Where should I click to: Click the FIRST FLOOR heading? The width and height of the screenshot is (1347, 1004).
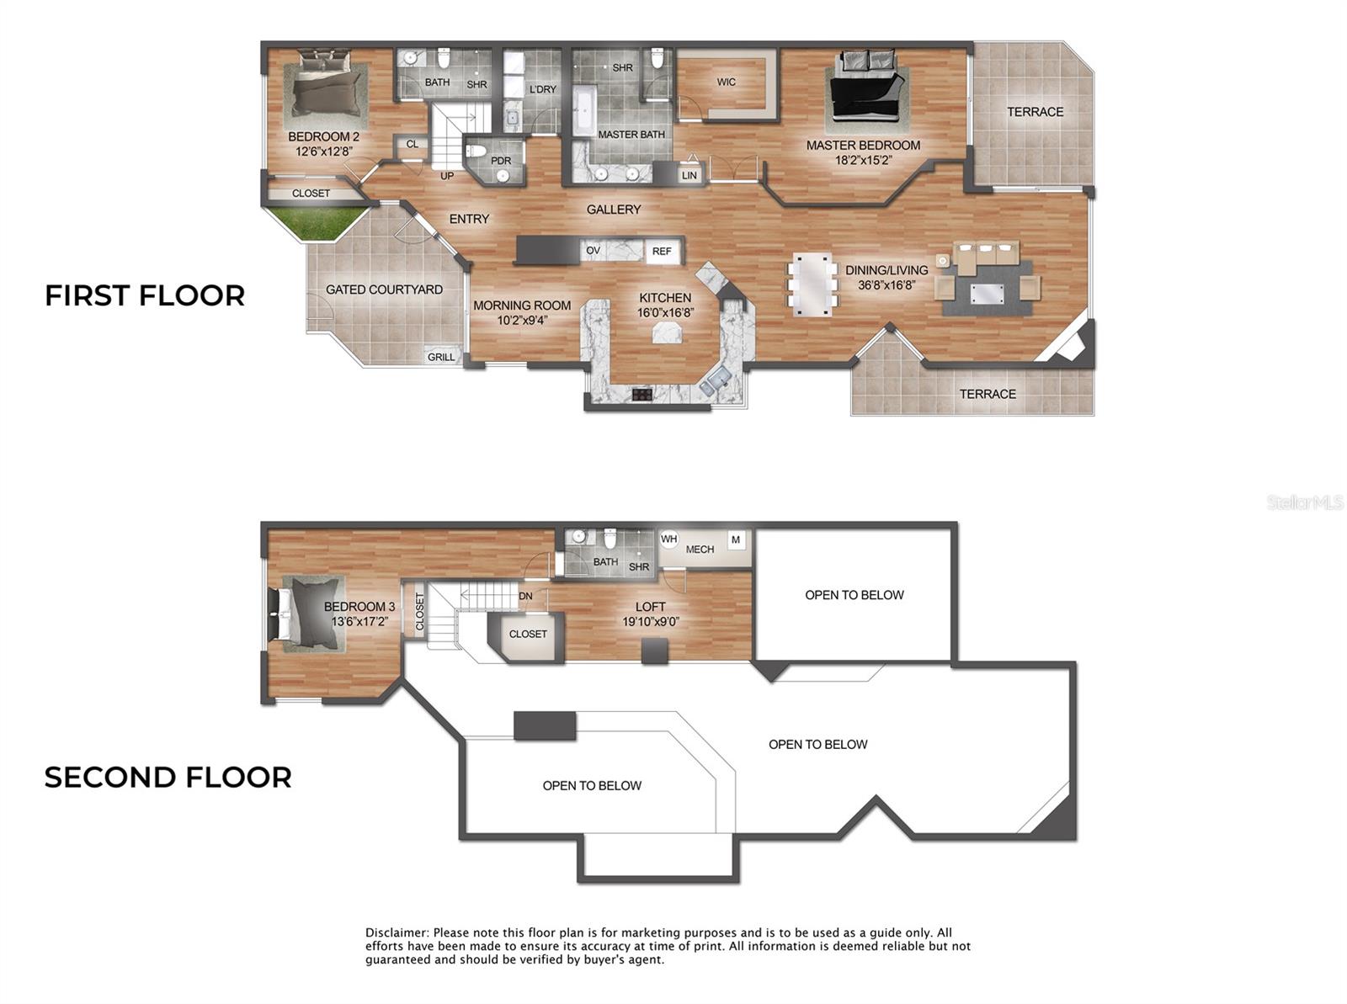145,295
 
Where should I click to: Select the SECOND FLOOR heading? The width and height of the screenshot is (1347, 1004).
168,777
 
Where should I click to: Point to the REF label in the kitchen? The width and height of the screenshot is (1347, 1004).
662,251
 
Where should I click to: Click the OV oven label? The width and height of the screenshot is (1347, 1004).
594,250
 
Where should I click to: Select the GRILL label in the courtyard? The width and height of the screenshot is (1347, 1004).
441,357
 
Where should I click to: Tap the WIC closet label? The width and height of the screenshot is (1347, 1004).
726,82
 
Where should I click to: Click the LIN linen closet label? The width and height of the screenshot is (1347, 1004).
689,175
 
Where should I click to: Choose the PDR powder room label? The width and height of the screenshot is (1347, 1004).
501,161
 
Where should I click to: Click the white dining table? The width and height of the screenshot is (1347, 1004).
812,284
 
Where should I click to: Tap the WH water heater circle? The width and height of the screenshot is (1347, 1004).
668,539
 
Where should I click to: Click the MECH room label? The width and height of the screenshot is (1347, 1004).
700,549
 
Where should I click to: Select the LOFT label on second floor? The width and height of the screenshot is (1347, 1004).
650,606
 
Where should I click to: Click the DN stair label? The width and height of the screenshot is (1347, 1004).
525,596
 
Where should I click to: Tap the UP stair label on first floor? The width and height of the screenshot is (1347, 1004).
447,176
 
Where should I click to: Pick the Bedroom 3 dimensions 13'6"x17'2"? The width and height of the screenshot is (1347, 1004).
359,622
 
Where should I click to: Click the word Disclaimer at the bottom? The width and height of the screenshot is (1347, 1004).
397,932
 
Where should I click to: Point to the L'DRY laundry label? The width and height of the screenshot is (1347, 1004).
542,89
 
